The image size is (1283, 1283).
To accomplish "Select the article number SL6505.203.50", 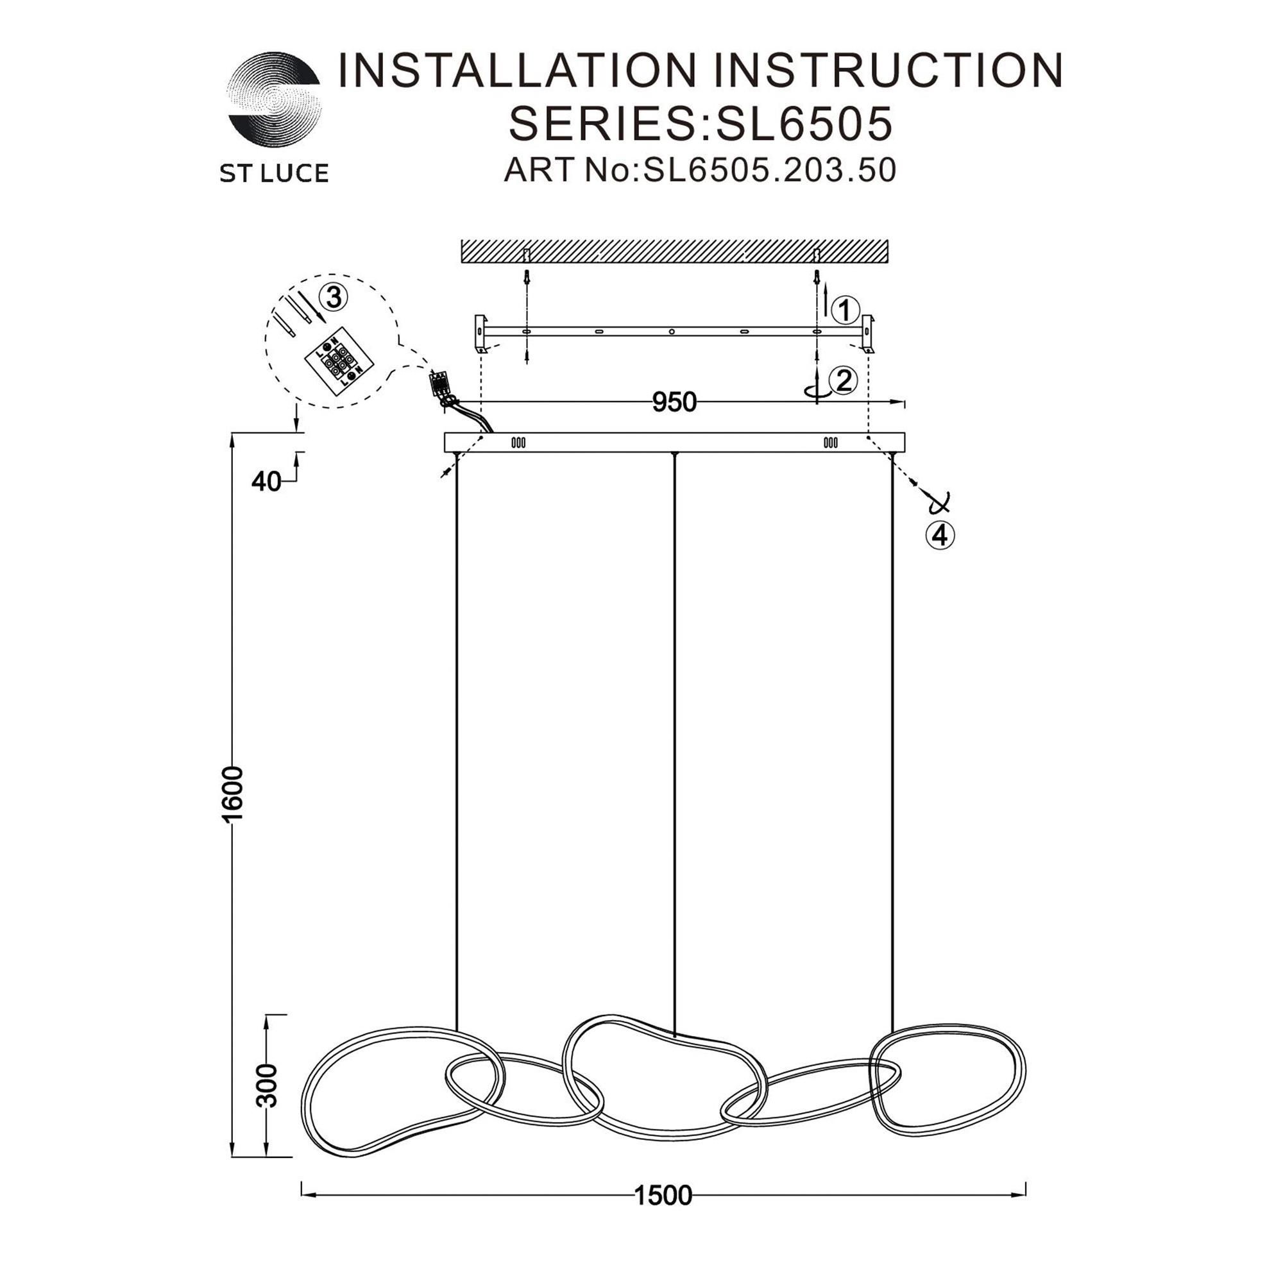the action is (768, 170).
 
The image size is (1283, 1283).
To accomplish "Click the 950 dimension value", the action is (674, 402).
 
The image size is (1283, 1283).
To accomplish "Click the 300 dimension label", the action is (267, 1085).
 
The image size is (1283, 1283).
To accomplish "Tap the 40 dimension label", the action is (266, 482).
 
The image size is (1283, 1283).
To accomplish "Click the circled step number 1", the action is (845, 310).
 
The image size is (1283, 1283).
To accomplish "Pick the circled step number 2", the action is (844, 380).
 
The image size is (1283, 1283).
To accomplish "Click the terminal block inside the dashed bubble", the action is (339, 361).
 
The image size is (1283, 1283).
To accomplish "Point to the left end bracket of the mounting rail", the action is (480, 334).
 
